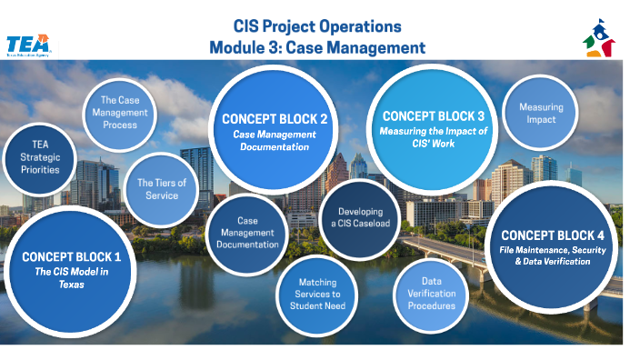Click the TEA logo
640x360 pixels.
click(x=27, y=45)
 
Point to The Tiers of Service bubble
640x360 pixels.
click(x=162, y=189)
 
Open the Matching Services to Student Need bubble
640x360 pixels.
click(x=316, y=293)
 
